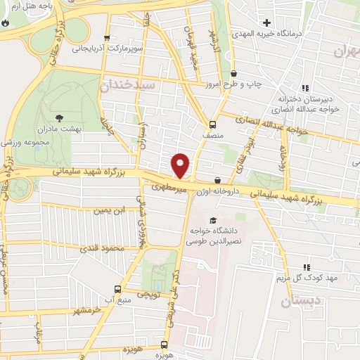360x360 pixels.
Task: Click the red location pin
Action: pyautogui.click(x=181, y=165)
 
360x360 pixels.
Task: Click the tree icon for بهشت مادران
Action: pyautogui.click(x=58, y=117)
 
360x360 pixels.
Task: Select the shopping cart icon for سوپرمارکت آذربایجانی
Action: pyautogui.click(x=106, y=39)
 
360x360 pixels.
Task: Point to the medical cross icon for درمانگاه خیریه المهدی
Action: pyautogui.click(x=266, y=22)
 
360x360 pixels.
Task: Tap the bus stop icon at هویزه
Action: pyautogui.click(x=164, y=345)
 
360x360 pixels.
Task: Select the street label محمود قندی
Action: pyautogui.click(x=99, y=247)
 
